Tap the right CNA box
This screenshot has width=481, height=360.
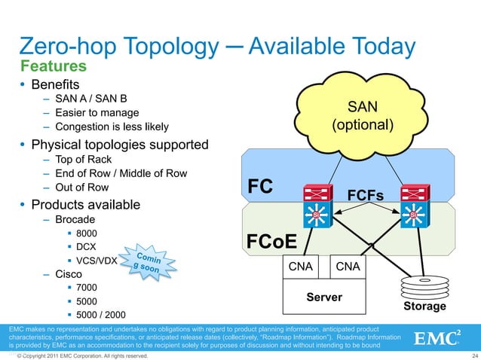[348, 267]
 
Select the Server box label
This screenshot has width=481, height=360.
[324, 297]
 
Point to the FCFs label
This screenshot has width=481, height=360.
[365, 196]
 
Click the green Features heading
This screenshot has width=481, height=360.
[55, 66]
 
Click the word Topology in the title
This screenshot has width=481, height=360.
[164, 46]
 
